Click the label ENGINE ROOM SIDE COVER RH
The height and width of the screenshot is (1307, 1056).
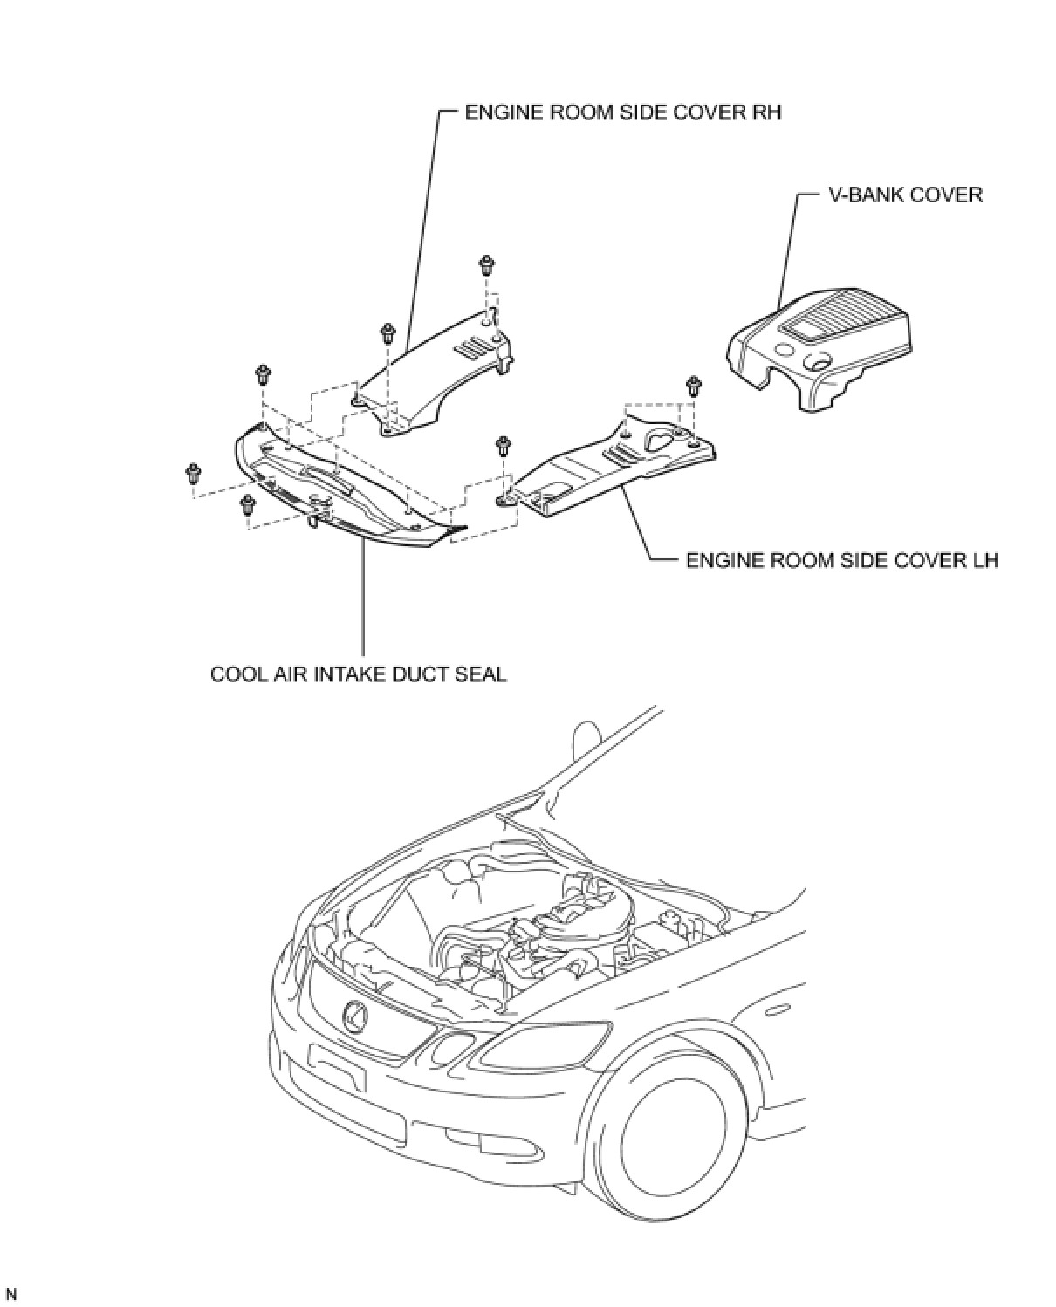[x=623, y=113]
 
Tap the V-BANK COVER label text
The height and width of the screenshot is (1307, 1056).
[x=905, y=195]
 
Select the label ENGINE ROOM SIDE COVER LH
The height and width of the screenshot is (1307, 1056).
[x=842, y=559]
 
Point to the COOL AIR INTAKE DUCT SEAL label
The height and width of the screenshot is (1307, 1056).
[x=359, y=674]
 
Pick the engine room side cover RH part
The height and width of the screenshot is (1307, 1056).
[x=436, y=375]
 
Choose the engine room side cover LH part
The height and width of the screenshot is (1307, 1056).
[x=611, y=471]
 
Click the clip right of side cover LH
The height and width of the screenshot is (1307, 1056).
[x=694, y=386]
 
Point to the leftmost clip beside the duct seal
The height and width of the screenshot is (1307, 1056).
[x=193, y=475]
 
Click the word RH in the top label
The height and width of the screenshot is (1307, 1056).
[x=765, y=113]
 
